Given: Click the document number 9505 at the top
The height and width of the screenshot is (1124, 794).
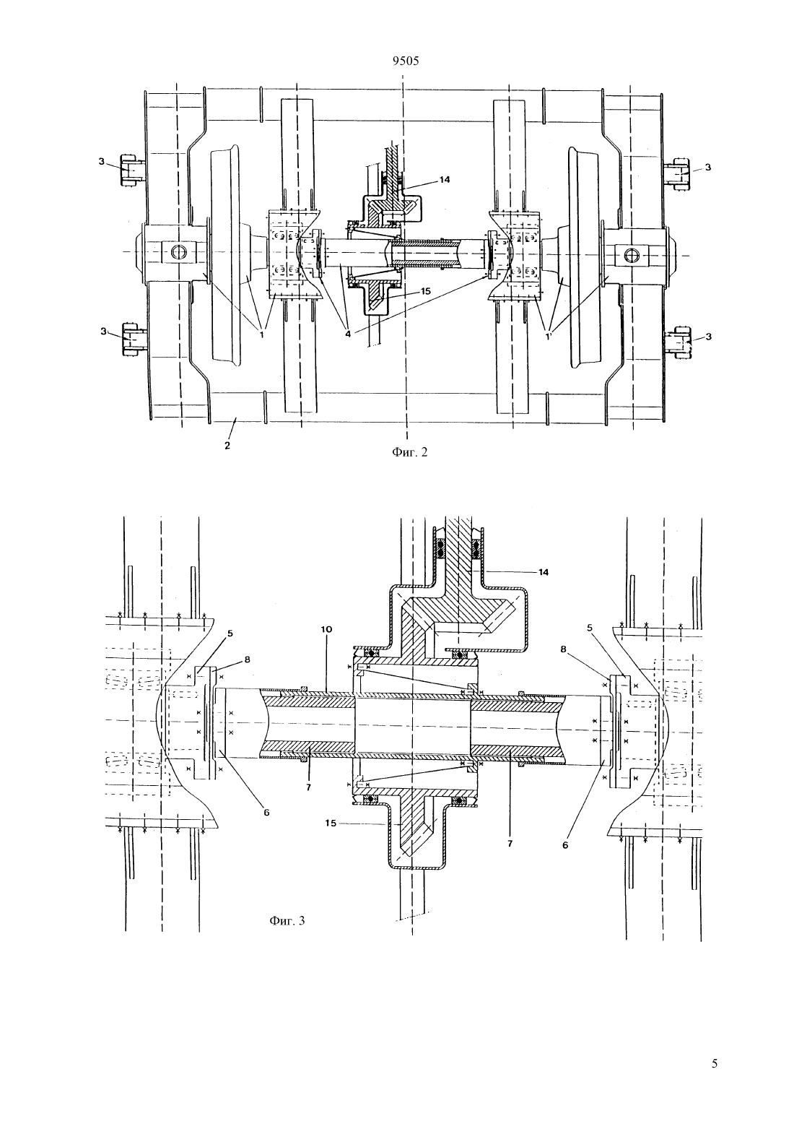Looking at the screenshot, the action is [406, 61].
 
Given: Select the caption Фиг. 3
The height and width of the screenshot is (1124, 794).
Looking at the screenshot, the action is [287, 920].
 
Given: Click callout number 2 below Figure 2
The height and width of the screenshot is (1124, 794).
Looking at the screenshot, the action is [227, 446].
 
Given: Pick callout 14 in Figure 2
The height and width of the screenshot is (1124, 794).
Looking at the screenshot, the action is [445, 180].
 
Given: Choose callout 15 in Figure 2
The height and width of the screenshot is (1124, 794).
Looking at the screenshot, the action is [426, 291].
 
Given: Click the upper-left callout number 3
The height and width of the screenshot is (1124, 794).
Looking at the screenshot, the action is [101, 161].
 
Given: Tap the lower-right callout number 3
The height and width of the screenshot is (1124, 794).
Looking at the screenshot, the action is [708, 337].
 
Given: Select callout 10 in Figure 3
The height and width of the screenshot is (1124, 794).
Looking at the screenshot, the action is [327, 629].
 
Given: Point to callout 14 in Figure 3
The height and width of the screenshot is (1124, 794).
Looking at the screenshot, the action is [543, 572].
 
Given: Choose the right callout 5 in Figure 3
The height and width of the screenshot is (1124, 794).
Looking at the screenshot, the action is [590, 627].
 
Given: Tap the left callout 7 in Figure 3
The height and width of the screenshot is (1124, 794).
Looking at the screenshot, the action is [308, 787].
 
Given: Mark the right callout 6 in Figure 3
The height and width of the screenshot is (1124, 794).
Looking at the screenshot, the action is [565, 845].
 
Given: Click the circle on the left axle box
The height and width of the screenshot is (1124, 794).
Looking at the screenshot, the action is [178, 251].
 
